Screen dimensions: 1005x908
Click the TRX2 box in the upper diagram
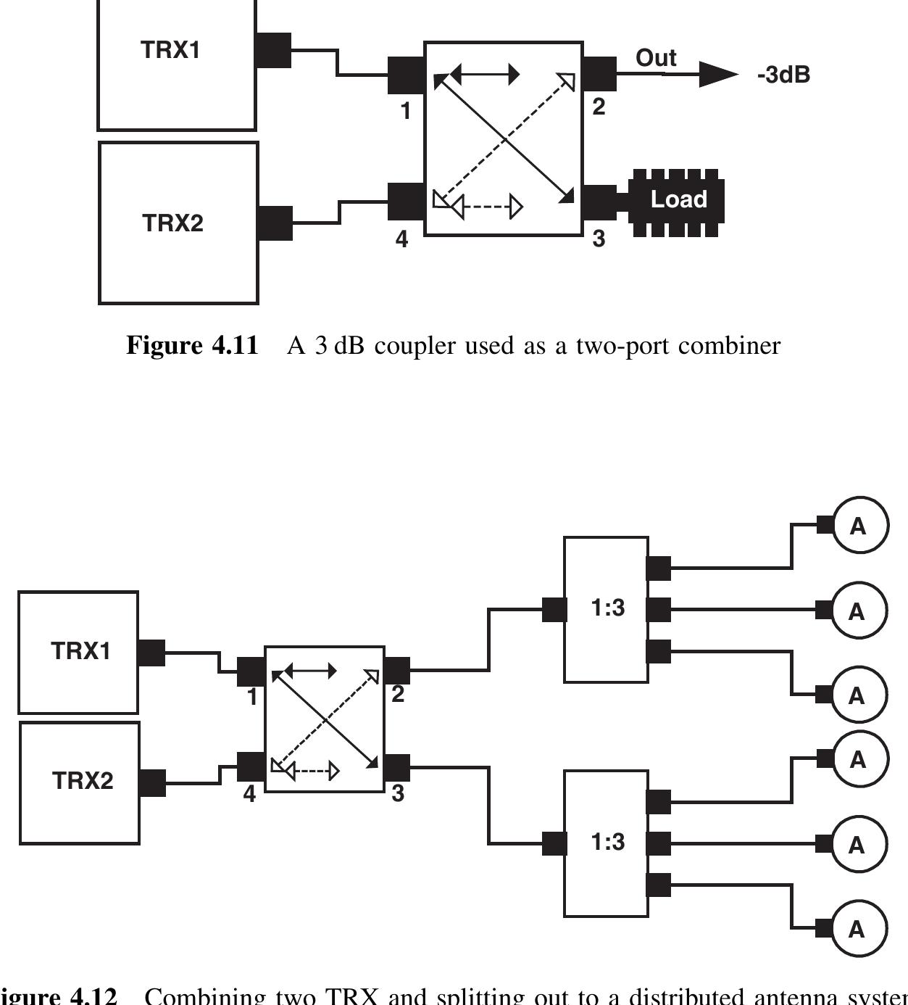coord(178,223)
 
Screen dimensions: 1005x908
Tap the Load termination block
coord(677,201)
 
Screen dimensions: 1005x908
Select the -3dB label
coord(783,75)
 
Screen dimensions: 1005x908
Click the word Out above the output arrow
coord(656,58)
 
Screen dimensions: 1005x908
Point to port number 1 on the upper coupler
coord(405,111)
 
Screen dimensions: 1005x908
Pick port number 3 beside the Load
coord(599,239)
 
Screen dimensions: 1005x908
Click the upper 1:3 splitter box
coord(606,609)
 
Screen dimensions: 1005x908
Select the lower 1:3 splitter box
coord(606,843)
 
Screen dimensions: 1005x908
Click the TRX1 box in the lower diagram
coord(79,652)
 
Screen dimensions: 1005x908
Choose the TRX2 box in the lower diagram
coord(80,782)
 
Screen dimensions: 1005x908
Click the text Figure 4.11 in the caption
coord(192,345)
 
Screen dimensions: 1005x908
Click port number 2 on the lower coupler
coord(398,694)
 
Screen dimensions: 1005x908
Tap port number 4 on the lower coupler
coord(249,794)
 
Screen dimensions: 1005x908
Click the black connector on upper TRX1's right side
coord(274,50)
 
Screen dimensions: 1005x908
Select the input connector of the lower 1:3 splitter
coord(554,843)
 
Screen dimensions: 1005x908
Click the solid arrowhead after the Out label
coord(717,74)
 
